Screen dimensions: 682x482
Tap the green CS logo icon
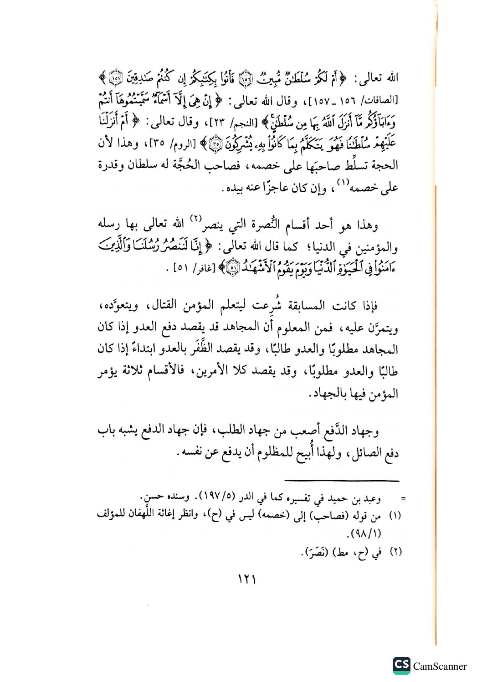tap(401, 665)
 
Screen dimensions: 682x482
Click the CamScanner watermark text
tap(440, 667)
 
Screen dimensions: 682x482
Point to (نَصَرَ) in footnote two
tap(317, 553)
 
